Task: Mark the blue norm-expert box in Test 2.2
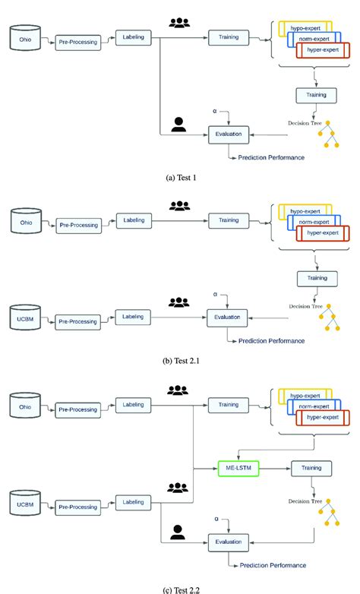click(x=313, y=407)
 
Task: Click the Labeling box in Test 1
click(x=134, y=36)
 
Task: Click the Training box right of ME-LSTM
click(x=311, y=469)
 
